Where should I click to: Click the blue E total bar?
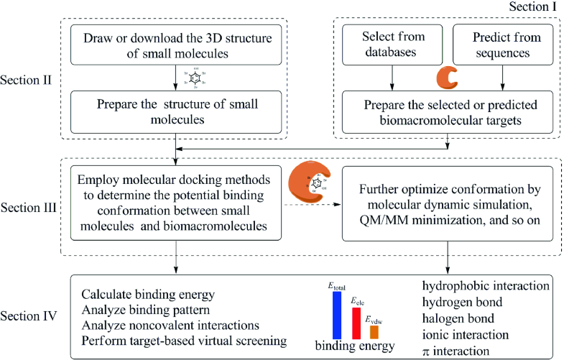pos(337,315)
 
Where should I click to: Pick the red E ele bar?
pos(356,323)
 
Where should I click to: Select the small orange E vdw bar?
pos(374,332)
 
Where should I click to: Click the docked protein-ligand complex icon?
pos(311,182)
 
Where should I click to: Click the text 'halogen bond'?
pos(456,319)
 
